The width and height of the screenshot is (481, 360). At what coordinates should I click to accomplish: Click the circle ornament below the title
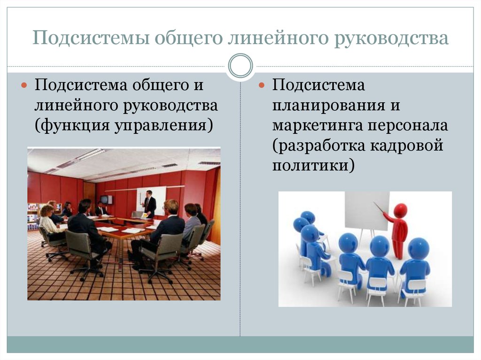coord(240,66)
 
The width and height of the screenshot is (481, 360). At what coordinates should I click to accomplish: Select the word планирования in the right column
coord(330,106)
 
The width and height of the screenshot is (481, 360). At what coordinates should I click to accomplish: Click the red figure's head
coord(400,211)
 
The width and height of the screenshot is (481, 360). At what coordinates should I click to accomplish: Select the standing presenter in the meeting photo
coord(150,204)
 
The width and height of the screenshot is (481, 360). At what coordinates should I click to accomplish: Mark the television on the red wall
coord(107,199)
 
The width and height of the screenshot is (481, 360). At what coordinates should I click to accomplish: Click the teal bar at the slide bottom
coord(240,344)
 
